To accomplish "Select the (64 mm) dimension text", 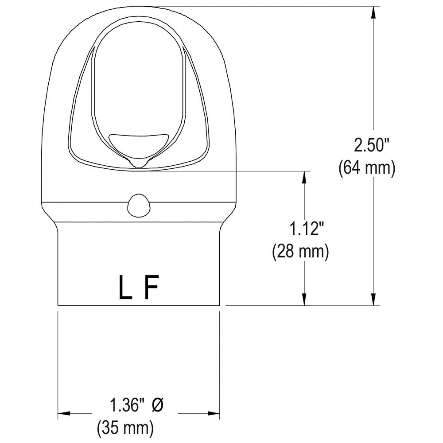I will (366, 168).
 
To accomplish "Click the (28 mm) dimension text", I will (300, 252).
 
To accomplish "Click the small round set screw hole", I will (138, 206).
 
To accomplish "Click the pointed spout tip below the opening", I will (138, 164).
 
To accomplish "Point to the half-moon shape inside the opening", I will (138, 143).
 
